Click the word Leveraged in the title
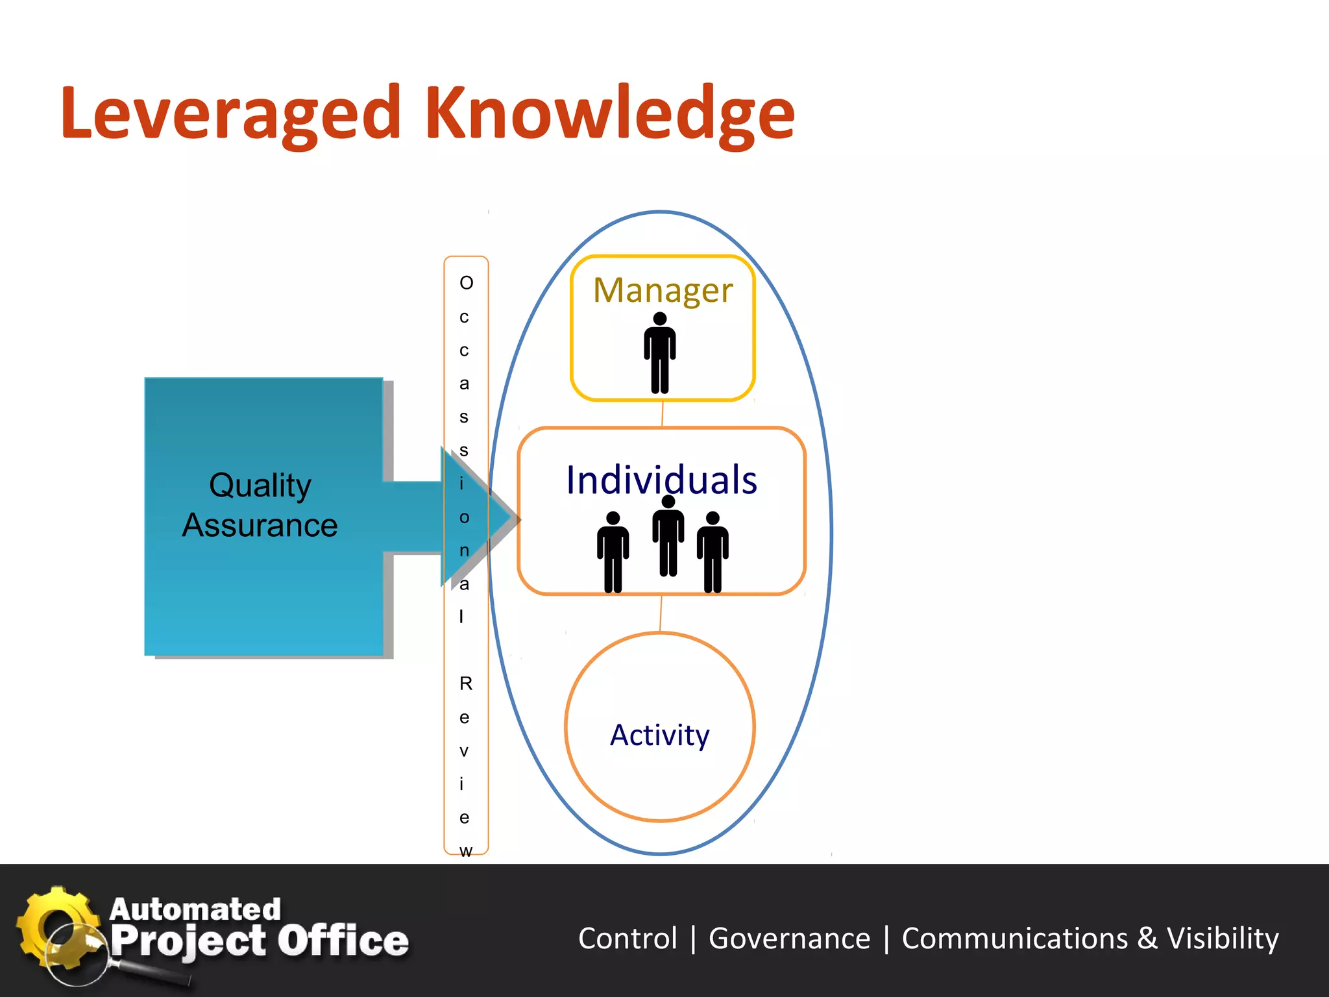(230, 114)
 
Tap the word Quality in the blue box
(260, 486)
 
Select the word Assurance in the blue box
(260, 525)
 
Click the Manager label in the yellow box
(663, 290)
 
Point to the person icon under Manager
(660, 354)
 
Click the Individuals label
(661, 480)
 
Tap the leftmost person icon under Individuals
(613, 552)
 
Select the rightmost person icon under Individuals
(713, 552)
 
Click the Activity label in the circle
(659, 735)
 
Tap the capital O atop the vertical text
(466, 283)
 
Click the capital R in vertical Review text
(466, 683)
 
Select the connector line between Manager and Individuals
(662, 414)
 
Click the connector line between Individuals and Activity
(661, 613)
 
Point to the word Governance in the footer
(789, 939)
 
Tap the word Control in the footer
(628, 939)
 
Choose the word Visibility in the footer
(1223, 939)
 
